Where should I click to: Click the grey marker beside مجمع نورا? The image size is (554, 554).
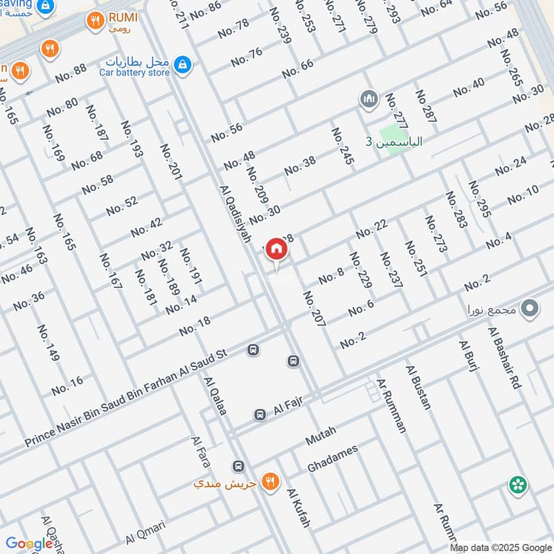click(x=530, y=309)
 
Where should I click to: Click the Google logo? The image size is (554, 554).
click(x=29, y=544)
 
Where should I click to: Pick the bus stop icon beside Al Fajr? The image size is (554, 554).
click(x=260, y=414)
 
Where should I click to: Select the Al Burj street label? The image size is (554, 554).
click(x=469, y=357)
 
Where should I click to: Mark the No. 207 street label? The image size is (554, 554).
click(x=314, y=308)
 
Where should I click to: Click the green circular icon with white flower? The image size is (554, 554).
click(x=517, y=485)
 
